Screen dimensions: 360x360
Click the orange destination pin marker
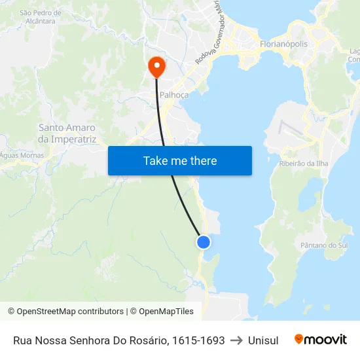157,65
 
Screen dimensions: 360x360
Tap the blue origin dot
204,242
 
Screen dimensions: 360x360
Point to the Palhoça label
174,95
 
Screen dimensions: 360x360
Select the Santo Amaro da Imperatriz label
67,134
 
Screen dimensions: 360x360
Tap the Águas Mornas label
22,155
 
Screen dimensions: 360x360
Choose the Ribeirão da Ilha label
304,163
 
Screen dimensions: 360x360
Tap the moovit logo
321,340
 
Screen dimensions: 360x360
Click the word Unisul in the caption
263,340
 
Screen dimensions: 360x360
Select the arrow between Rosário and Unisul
236,340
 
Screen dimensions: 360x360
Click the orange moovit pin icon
299,340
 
